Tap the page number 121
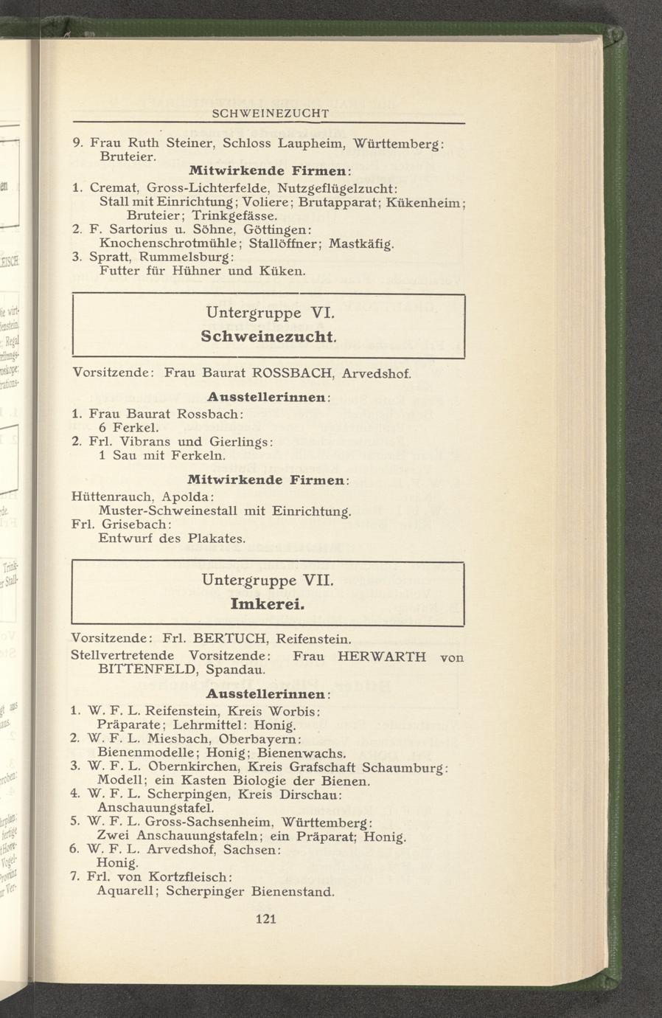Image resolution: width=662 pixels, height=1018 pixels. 265,918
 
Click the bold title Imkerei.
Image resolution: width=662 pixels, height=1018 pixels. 267,603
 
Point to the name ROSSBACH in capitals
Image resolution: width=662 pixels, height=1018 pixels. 289,373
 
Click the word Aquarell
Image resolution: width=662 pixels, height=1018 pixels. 125,891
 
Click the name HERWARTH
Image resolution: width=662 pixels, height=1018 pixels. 381,656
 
